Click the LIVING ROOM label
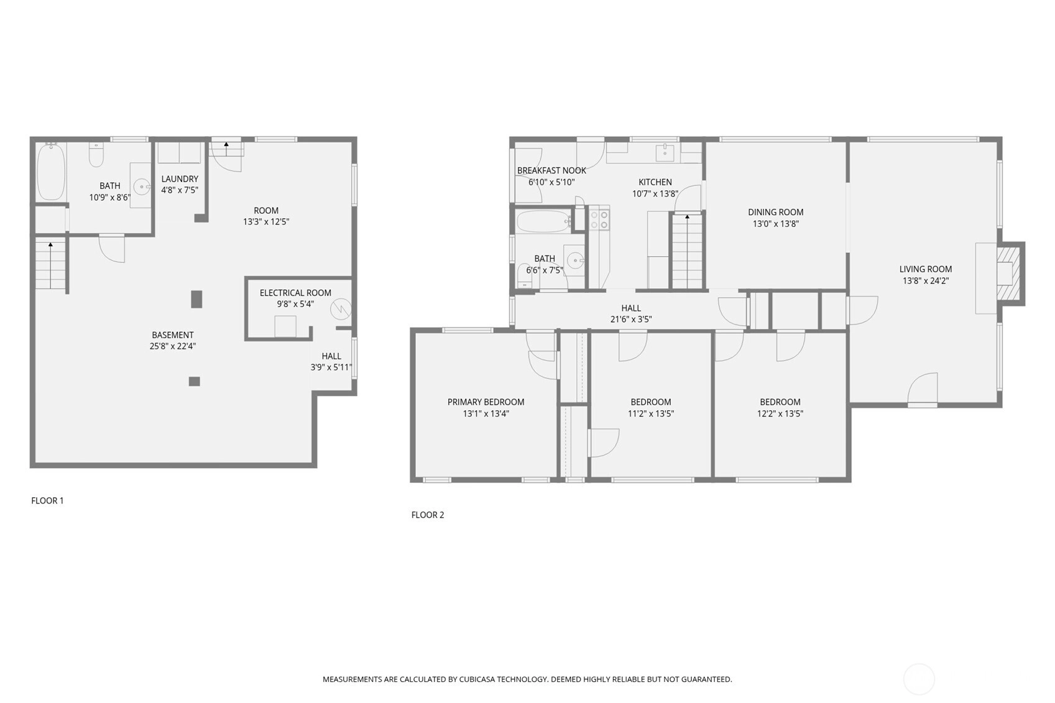[926, 269]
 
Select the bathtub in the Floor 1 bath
[51, 172]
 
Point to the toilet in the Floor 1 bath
[96, 154]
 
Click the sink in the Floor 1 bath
[141, 187]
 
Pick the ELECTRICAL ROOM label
[295, 293]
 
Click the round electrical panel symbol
[341, 310]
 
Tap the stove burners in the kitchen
[599, 220]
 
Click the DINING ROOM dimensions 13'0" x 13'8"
[776, 224]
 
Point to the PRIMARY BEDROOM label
[486, 402]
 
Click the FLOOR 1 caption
[47, 500]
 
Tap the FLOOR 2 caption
[428, 515]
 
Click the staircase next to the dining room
[687, 251]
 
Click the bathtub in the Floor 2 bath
[543, 221]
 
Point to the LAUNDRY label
[180, 179]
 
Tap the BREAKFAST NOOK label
[551, 170]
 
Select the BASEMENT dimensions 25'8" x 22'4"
[173, 346]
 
